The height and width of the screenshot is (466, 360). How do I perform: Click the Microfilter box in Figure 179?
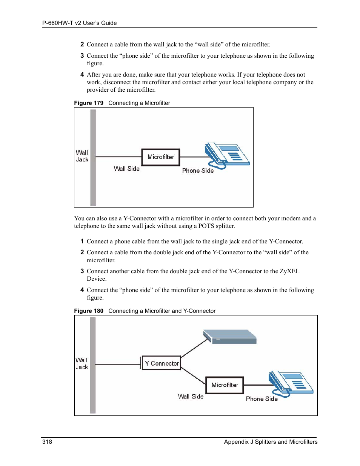pos(161,157)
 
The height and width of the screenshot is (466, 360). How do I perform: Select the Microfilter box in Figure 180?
pos(225,385)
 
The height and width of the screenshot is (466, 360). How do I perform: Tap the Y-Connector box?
pos(162,363)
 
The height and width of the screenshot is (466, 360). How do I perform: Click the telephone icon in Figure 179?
pos(227,155)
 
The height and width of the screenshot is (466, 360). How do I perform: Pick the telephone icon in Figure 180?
pos(291,384)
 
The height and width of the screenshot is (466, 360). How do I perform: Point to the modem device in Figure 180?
pos(230,337)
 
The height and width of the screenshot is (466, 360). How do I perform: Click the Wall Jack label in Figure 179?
pos(82,156)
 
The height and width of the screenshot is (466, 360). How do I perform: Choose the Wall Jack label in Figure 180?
pos(82,363)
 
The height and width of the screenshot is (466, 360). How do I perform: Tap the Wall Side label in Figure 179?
pos(127,169)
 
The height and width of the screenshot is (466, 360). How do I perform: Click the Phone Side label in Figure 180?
pos(262,399)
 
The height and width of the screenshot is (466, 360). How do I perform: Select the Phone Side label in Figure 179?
pos(198,171)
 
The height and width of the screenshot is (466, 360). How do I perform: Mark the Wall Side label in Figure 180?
pos(191,396)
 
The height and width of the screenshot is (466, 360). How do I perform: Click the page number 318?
pos(47,441)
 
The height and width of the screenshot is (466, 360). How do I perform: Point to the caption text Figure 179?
pos(89,103)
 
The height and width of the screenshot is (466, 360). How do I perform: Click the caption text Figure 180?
pos(89,311)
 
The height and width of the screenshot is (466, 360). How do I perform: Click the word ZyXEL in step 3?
pos(289,271)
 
